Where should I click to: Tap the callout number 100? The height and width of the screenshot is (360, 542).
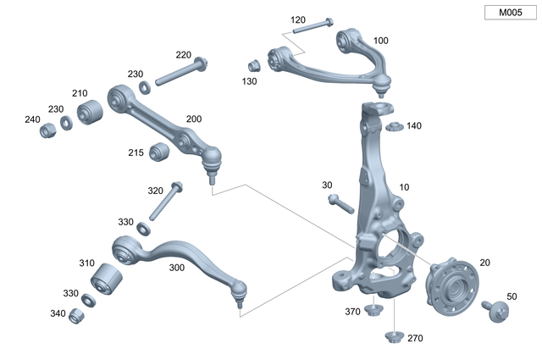[x=380, y=41]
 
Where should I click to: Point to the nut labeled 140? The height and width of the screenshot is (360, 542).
[x=393, y=127]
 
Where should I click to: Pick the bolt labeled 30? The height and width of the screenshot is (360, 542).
[x=339, y=202]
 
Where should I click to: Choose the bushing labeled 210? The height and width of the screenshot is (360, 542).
[x=90, y=111]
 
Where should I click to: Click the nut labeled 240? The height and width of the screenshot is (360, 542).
[x=49, y=129]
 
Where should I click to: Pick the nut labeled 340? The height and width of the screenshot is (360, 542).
[x=76, y=315]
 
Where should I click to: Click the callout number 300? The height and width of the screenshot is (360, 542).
[x=177, y=267]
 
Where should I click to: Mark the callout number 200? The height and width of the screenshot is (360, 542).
[x=194, y=119]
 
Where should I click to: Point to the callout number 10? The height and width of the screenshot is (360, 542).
[x=404, y=187]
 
